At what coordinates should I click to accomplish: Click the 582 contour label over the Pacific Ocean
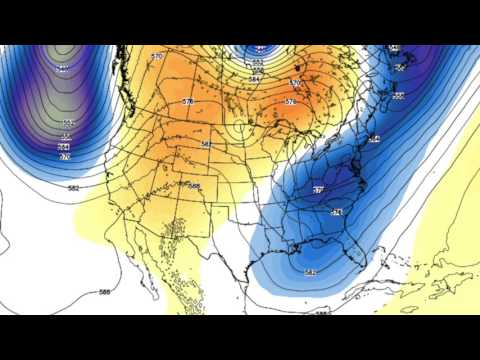[74, 188]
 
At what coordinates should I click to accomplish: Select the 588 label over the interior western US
[194, 186]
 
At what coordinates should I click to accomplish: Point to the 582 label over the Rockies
[205, 145]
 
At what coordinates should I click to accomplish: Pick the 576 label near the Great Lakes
[291, 102]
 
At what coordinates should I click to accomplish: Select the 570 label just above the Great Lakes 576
[295, 83]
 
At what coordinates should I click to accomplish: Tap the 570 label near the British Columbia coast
[157, 57]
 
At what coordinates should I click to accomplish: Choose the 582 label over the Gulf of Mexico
[310, 272]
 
